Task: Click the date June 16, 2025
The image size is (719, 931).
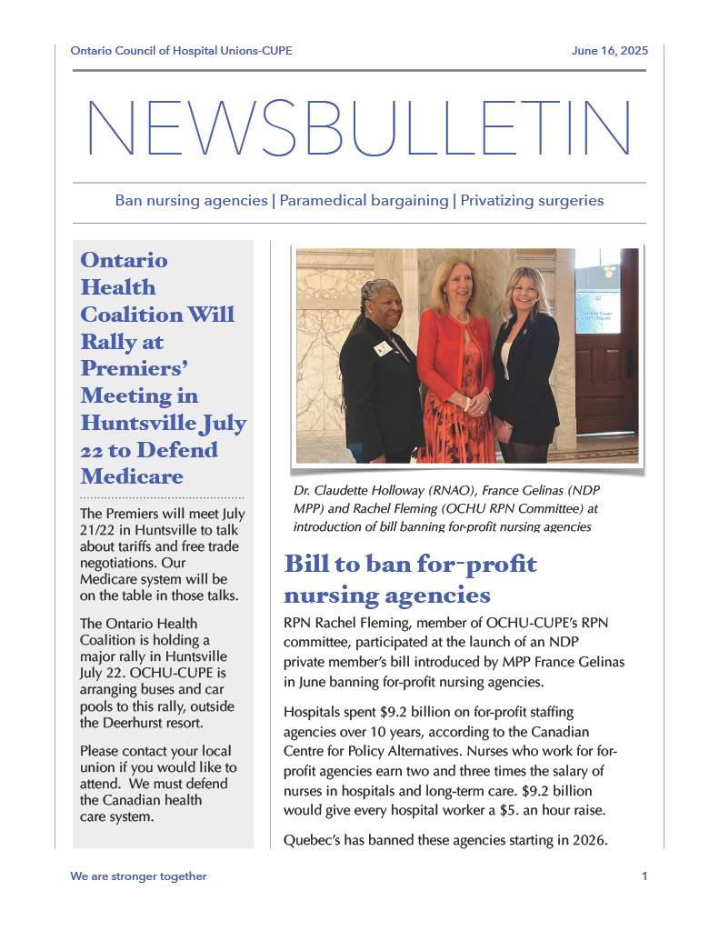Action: [609, 51]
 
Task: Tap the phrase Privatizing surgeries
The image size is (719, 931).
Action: [532, 200]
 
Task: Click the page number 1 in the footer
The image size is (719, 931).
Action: [644, 876]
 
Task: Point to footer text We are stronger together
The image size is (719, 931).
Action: [138, 876]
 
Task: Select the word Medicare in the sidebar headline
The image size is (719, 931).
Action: [132, 476]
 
